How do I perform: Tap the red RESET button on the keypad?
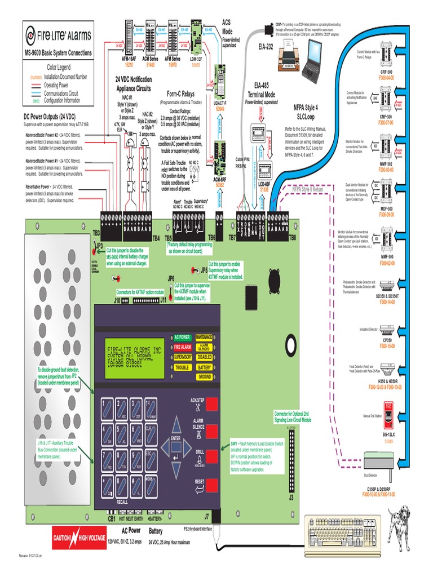(x=211, y=483)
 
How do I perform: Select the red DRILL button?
(x=211, y=456)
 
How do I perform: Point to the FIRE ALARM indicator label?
(x=182, y=347)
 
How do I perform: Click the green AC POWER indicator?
(x=182, y=337)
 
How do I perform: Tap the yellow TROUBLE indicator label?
(x=182, y=367)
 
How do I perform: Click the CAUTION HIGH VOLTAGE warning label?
(x=79, y=539)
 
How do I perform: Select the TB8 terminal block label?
(x=292, y=238)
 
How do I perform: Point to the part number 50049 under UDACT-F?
(x=220, y=109)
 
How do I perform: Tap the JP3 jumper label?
(x=99, y=246)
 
